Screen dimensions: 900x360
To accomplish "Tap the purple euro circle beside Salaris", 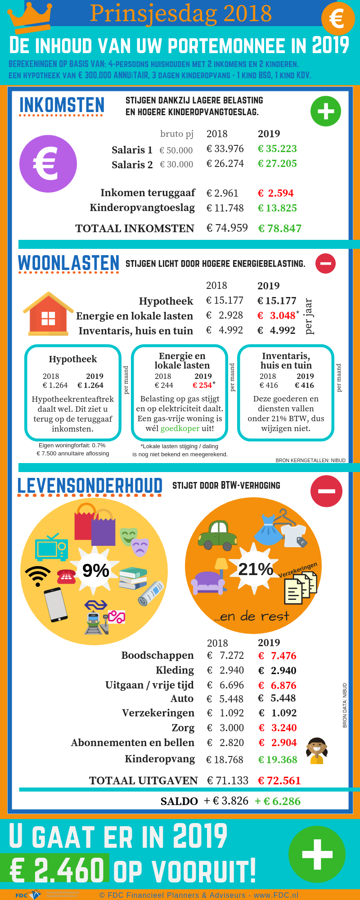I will [x=48, y=164].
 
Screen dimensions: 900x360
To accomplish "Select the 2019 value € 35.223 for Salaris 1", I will [x=277, y=149].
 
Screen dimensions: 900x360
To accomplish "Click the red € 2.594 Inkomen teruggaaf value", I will [x=276, y=193].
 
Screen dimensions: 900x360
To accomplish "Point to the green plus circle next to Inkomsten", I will [x=325, y=111].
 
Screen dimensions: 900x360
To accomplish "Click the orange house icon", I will [x=48, y=314].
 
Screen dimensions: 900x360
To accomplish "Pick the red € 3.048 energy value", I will [x=277, y=316].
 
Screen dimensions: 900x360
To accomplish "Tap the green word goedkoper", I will [x=180, y=428].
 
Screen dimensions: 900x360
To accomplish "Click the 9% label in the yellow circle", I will [x=95, y=571].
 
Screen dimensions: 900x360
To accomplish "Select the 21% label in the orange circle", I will [x=255, y=569].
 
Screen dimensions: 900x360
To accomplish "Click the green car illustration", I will [x=217, y=535].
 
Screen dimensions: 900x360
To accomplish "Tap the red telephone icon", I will [x=67, y=576].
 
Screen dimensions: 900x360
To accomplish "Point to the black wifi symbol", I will [x=38, y=576].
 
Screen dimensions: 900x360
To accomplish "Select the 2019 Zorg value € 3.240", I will [x=278, y=728].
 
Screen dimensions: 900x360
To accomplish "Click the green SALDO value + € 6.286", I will [x=278, y=801].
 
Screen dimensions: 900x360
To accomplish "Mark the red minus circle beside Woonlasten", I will [x=325, y=264].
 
